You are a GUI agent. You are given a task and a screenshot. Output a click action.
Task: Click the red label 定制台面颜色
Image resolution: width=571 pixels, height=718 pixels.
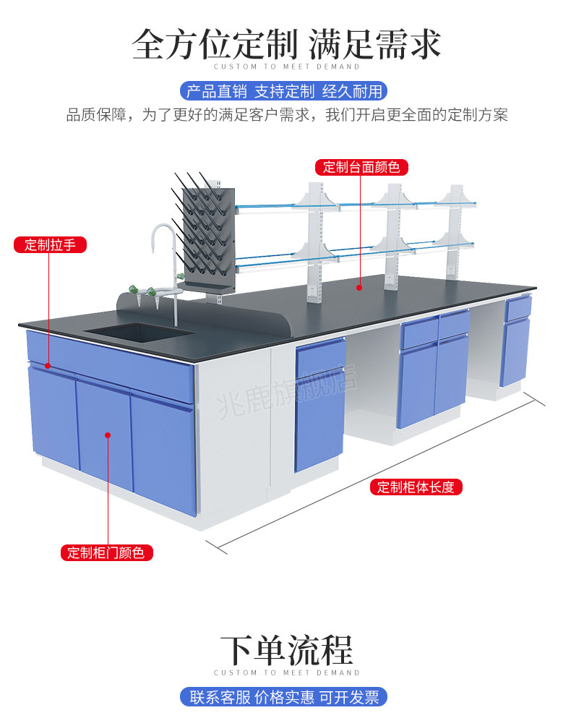[x=361, y=167]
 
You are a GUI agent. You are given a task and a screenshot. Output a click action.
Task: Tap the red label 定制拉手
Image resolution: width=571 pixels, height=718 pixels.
[x=50, y=244]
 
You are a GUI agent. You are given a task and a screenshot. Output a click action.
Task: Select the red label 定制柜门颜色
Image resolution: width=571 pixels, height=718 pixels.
[x=106, y=553]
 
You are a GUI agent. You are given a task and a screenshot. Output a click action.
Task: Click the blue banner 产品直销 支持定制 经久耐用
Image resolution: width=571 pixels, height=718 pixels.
[x=283, y=91]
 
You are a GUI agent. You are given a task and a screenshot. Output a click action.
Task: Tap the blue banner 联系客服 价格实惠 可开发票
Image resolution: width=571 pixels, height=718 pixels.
[x=283, y=697]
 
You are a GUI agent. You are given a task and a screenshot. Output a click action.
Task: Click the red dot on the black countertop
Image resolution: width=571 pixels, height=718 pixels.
[x=359, y=287]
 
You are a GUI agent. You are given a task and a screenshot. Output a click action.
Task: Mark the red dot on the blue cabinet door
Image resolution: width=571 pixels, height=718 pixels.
[x=108, y=435]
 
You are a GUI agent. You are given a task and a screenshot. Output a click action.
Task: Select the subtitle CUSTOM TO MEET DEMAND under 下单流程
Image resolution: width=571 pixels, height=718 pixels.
[x=286, y=672]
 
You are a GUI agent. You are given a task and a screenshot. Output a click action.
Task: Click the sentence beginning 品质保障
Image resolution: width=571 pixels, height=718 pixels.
[x=286, y=115]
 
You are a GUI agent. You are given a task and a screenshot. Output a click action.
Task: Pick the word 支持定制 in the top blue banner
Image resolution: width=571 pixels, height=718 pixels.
[x=284, y=91]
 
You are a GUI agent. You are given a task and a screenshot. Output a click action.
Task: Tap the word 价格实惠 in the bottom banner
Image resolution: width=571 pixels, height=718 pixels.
[x=287, y=697]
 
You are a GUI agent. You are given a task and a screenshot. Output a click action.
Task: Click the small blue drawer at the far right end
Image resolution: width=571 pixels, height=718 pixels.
[x=518, y=309]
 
